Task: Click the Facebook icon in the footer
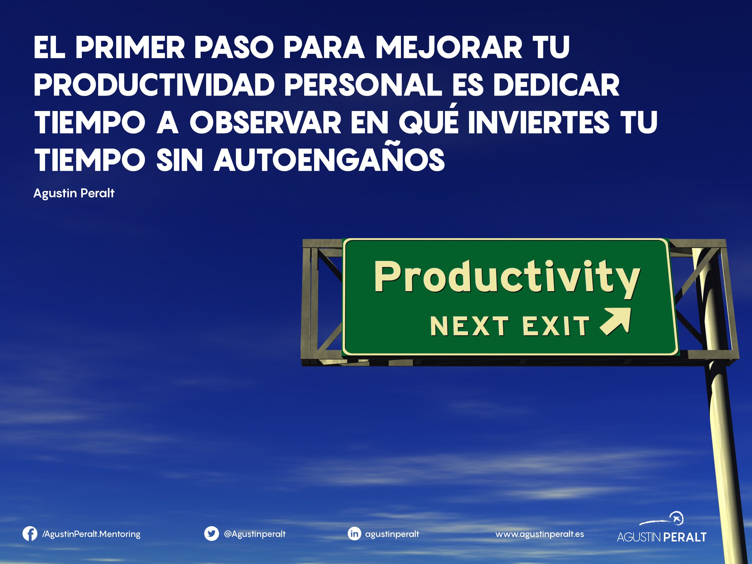tap(30, 534)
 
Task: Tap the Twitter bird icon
tap(211, 534)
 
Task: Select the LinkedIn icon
tap(354, 534)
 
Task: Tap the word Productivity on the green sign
tap(507, 279)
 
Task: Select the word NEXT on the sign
tap(470, 326)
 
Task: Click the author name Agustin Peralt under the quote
tap(74, 193)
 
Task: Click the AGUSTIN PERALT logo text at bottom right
tap(661, 537)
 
